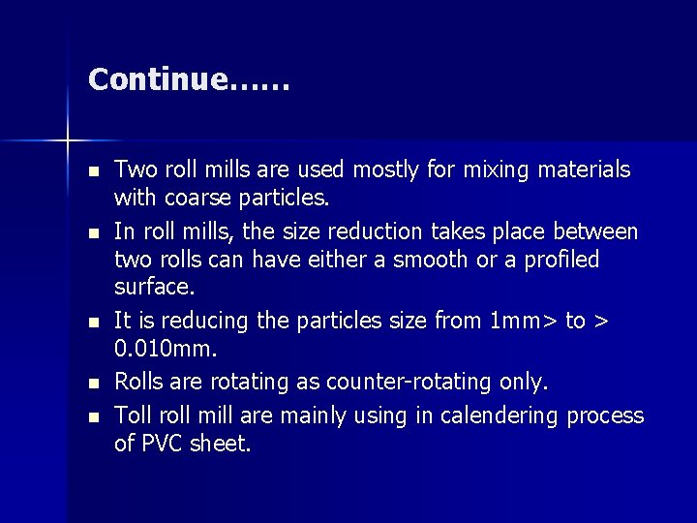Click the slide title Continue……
[189, 79]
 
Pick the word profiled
[561, 260]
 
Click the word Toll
[134, 415]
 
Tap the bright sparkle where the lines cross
[68, 141]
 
